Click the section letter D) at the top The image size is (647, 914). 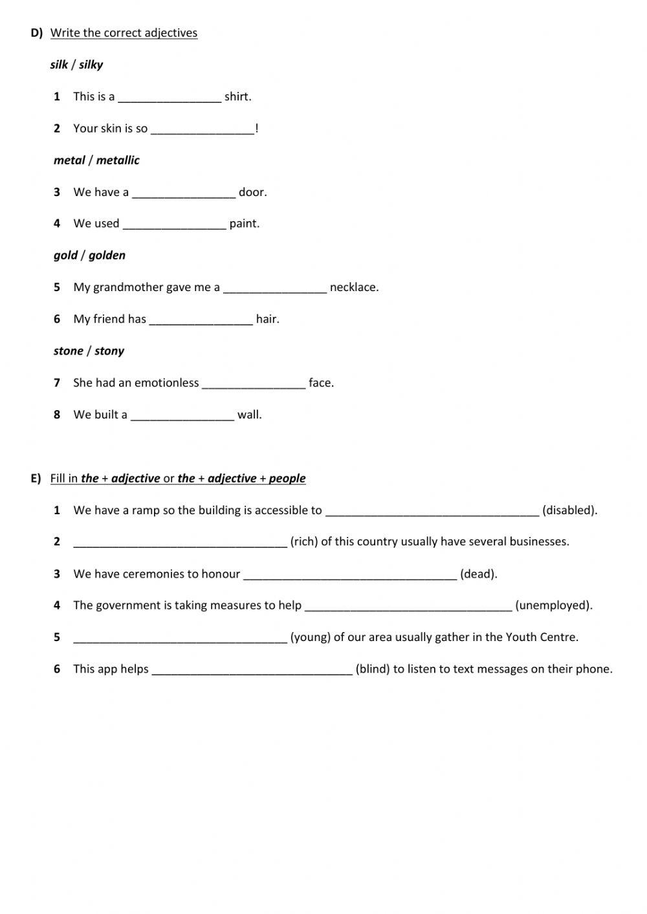(36, 33)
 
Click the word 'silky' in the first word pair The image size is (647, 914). (91, 65)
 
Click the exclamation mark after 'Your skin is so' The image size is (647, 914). (257, 129)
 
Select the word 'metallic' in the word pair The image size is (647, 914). (118, 160)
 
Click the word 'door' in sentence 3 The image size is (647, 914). (252, 192)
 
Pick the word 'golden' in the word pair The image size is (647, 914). (107, 256)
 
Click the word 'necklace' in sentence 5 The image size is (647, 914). (353, 287)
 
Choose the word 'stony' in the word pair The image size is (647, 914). (109, 351)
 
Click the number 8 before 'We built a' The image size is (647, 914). (57, 415)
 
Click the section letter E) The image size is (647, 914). (36, 479)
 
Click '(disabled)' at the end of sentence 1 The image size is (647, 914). (569, 510)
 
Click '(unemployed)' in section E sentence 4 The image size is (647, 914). (553, 606)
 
